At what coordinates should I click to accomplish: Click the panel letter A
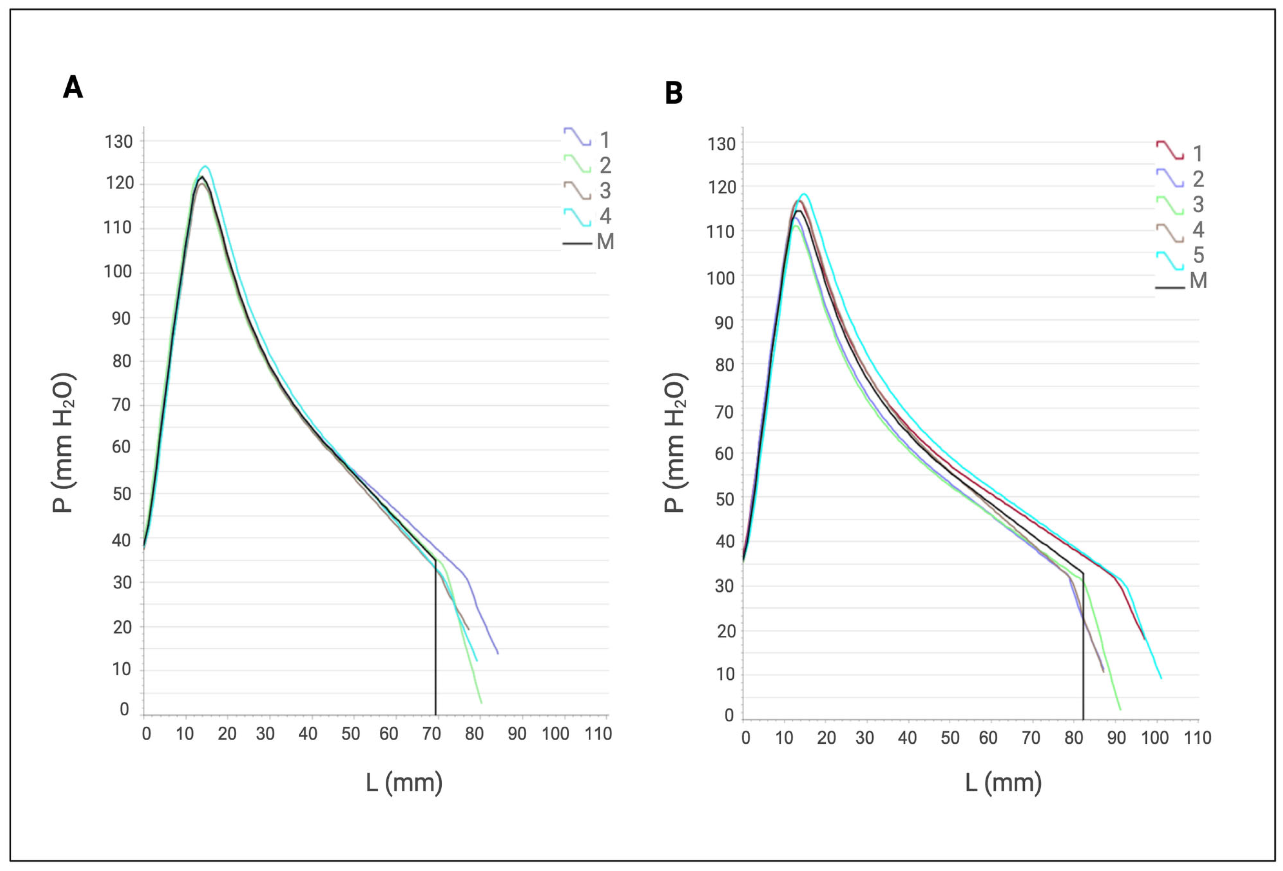tap(73, 87)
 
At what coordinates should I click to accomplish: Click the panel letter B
tap(673, 93)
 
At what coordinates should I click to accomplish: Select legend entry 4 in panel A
tap(588, 216)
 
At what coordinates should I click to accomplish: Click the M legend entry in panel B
tap(1182, 281)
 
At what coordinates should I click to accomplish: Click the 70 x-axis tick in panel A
tap(431, 734)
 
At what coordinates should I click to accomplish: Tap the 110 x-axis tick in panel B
tap(1197, 738)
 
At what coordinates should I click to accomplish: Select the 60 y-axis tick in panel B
tap(724, 454)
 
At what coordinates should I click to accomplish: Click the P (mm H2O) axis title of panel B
tap(674, 443)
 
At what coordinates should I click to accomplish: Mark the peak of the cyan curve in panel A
tap(206, 166)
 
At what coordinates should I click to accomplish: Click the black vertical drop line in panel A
tap(436, 641)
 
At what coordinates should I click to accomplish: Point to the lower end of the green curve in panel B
tap(1119, 710)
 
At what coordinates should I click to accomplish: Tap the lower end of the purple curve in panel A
tap(497, 654)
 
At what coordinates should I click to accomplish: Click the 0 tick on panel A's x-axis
tap(146, 734)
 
